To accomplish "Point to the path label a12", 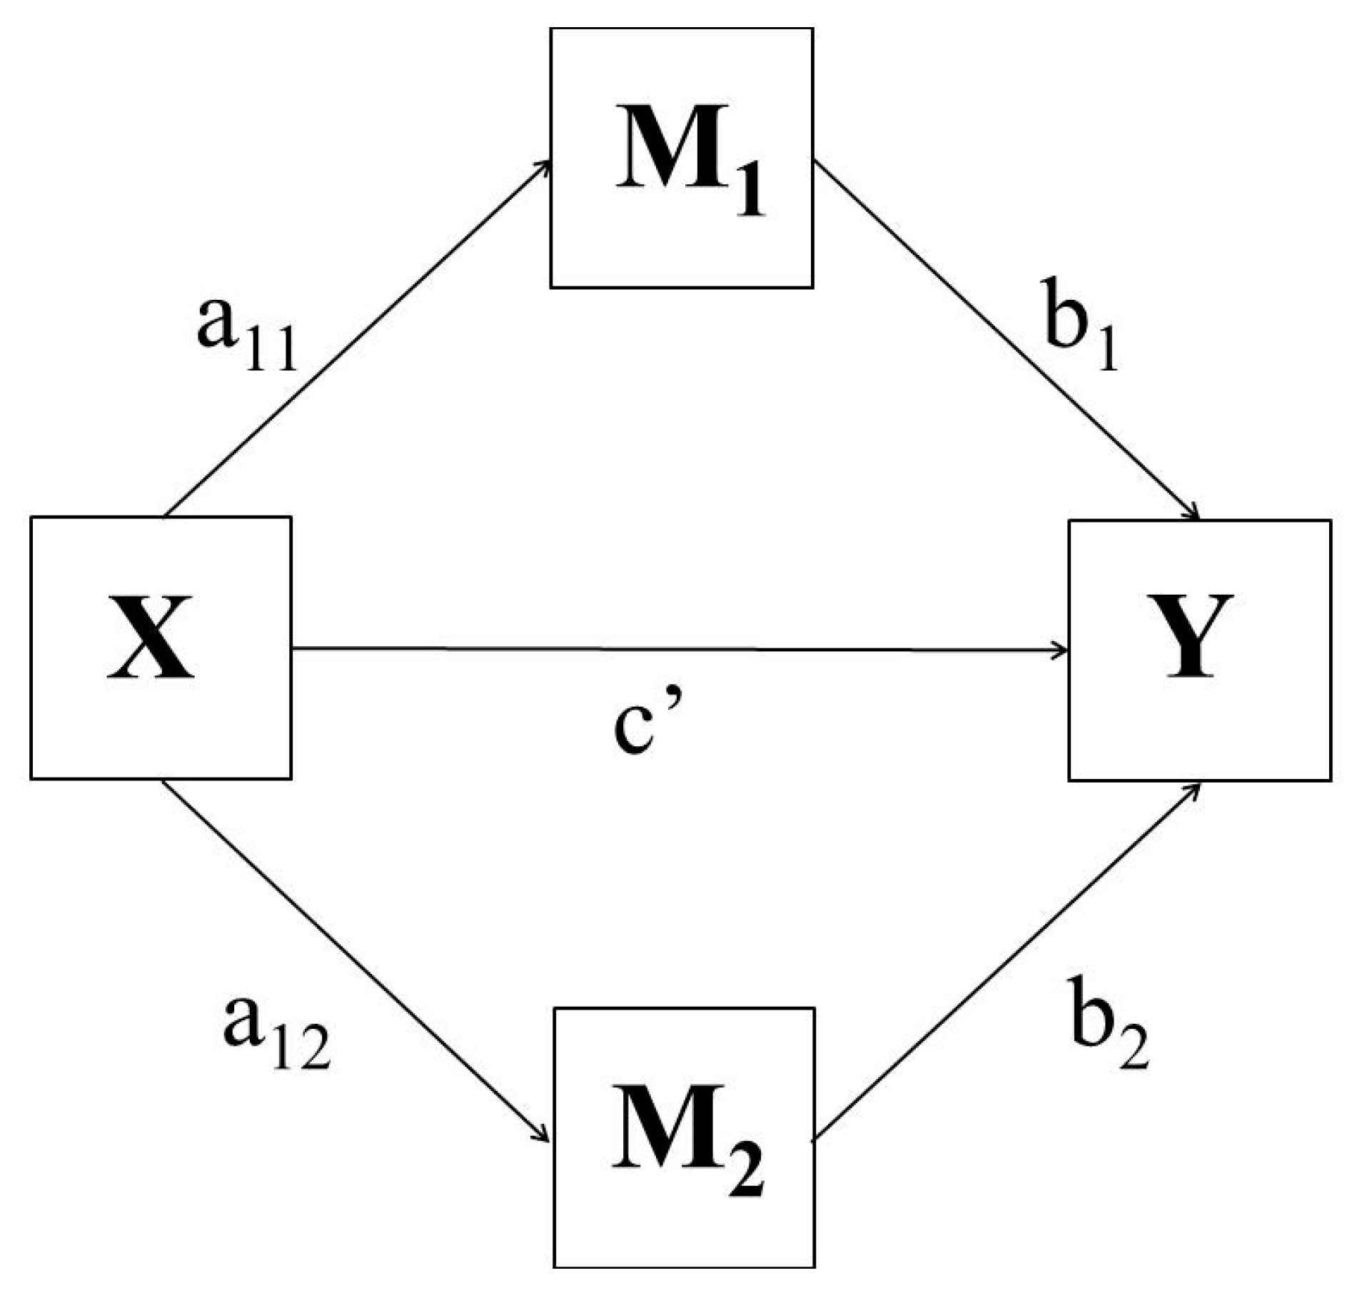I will [x=276, y=1028].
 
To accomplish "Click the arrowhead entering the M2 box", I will [x=544, y=1137].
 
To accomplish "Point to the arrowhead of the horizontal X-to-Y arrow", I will [x=1061, y=650].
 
